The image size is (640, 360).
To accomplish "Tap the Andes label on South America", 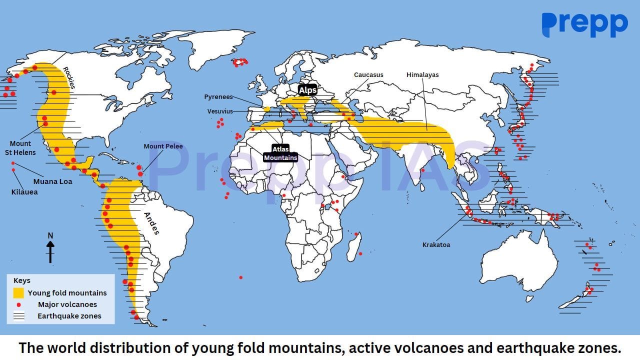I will click(x=151, y=223).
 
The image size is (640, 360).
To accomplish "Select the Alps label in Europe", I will click(x=307, y=90).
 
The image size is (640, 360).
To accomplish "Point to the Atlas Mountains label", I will click(x=280, y=153).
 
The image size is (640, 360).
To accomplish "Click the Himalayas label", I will click(x=422, y=75).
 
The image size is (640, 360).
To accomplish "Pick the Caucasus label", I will click(x=368, y=75).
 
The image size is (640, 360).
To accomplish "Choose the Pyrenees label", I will click(x=218, y=97).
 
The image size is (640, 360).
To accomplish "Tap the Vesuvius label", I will click(x=220, y=111).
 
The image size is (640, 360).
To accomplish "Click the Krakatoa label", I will click(x=436, y=245).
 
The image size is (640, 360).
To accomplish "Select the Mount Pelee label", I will click(x=163, y=146).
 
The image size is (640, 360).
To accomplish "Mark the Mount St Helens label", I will click(x=20, y=148).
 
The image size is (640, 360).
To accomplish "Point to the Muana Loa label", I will click(x=52, y=181).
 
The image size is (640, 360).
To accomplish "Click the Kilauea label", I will click(x=24, y=191).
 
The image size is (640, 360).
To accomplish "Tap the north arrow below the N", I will click(x=50, y=251).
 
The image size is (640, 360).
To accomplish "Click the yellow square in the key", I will click(x=18, y=293).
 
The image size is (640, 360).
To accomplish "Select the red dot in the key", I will click(x=18, y=304).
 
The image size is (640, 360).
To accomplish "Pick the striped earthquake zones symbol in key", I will click(x=18, y=316).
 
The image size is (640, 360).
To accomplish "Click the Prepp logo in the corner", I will click(x=584, y=25).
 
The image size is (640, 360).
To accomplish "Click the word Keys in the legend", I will click(x=22, y=280).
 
